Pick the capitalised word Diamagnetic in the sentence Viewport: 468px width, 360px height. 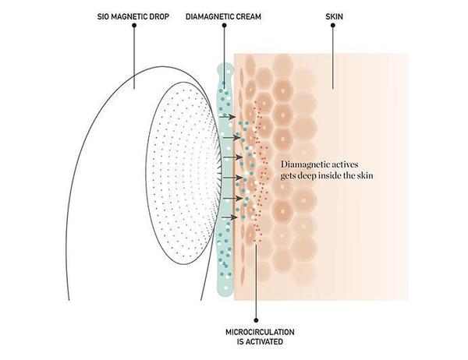click(x=310, y=165)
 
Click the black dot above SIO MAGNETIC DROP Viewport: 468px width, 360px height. click(x=134, y=25)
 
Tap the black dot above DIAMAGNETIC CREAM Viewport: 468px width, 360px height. click(x=224, y=25)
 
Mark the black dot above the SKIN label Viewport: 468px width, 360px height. click(x=331, y=25)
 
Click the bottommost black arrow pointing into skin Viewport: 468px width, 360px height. click(x=230, y=217)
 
